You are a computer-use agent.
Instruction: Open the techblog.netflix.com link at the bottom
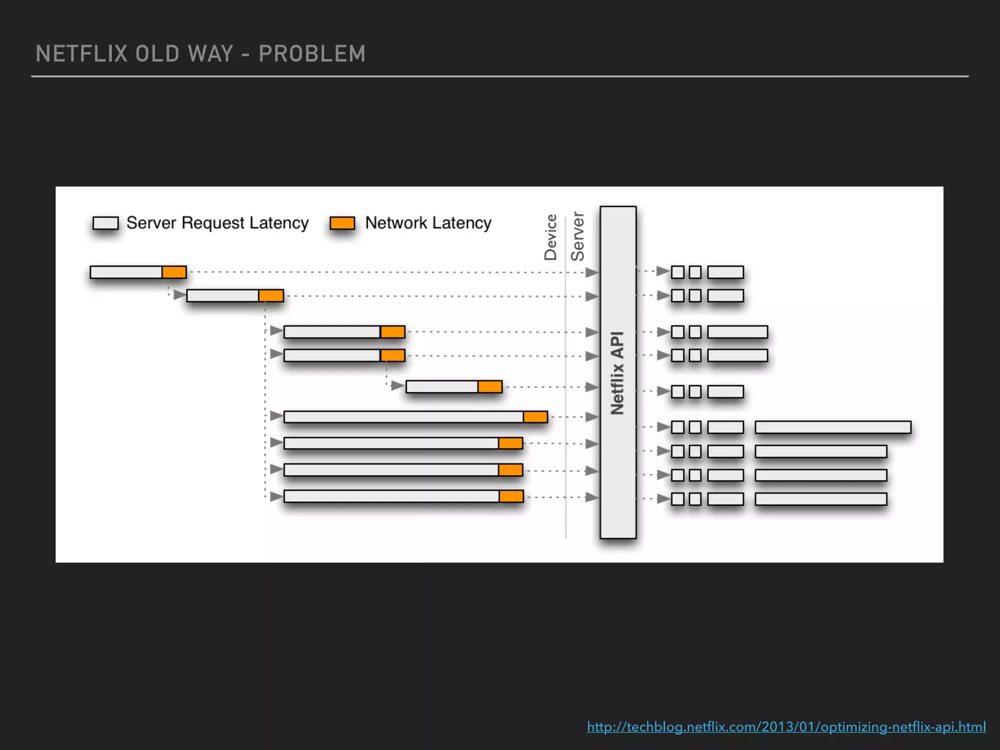click(x=786, y=727)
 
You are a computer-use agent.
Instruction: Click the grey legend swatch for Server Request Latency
click(x=105, y=223)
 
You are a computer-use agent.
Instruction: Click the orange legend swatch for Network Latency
click(x=342, y=223)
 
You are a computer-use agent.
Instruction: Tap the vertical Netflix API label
click(x=618, y=373)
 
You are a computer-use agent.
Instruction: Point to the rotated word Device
click(x=551, y=237)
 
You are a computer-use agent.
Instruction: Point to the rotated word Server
click(x=578, y=236)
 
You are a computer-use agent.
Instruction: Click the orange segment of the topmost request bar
click(x=174, y=272)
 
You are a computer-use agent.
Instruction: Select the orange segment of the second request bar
click(x=271, y=295)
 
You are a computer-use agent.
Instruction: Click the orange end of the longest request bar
click(x=535, y=417)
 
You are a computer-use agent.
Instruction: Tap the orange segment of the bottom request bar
click(x=511, y=497)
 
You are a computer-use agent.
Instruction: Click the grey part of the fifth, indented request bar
click(x=442, y=387)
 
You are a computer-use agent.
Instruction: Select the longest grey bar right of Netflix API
click(x=833, y=427)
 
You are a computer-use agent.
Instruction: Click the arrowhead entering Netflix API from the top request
click(x=592, y=272)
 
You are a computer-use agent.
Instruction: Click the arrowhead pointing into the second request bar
click(x=179, y=295)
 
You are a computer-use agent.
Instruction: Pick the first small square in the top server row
click(x=678, y=272)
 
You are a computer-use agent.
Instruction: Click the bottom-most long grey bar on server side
click(x=820, y=499)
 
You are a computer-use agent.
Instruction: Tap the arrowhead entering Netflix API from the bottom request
click(x=592, y=497)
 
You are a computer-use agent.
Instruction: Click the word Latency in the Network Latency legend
click(x=461, y=223)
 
